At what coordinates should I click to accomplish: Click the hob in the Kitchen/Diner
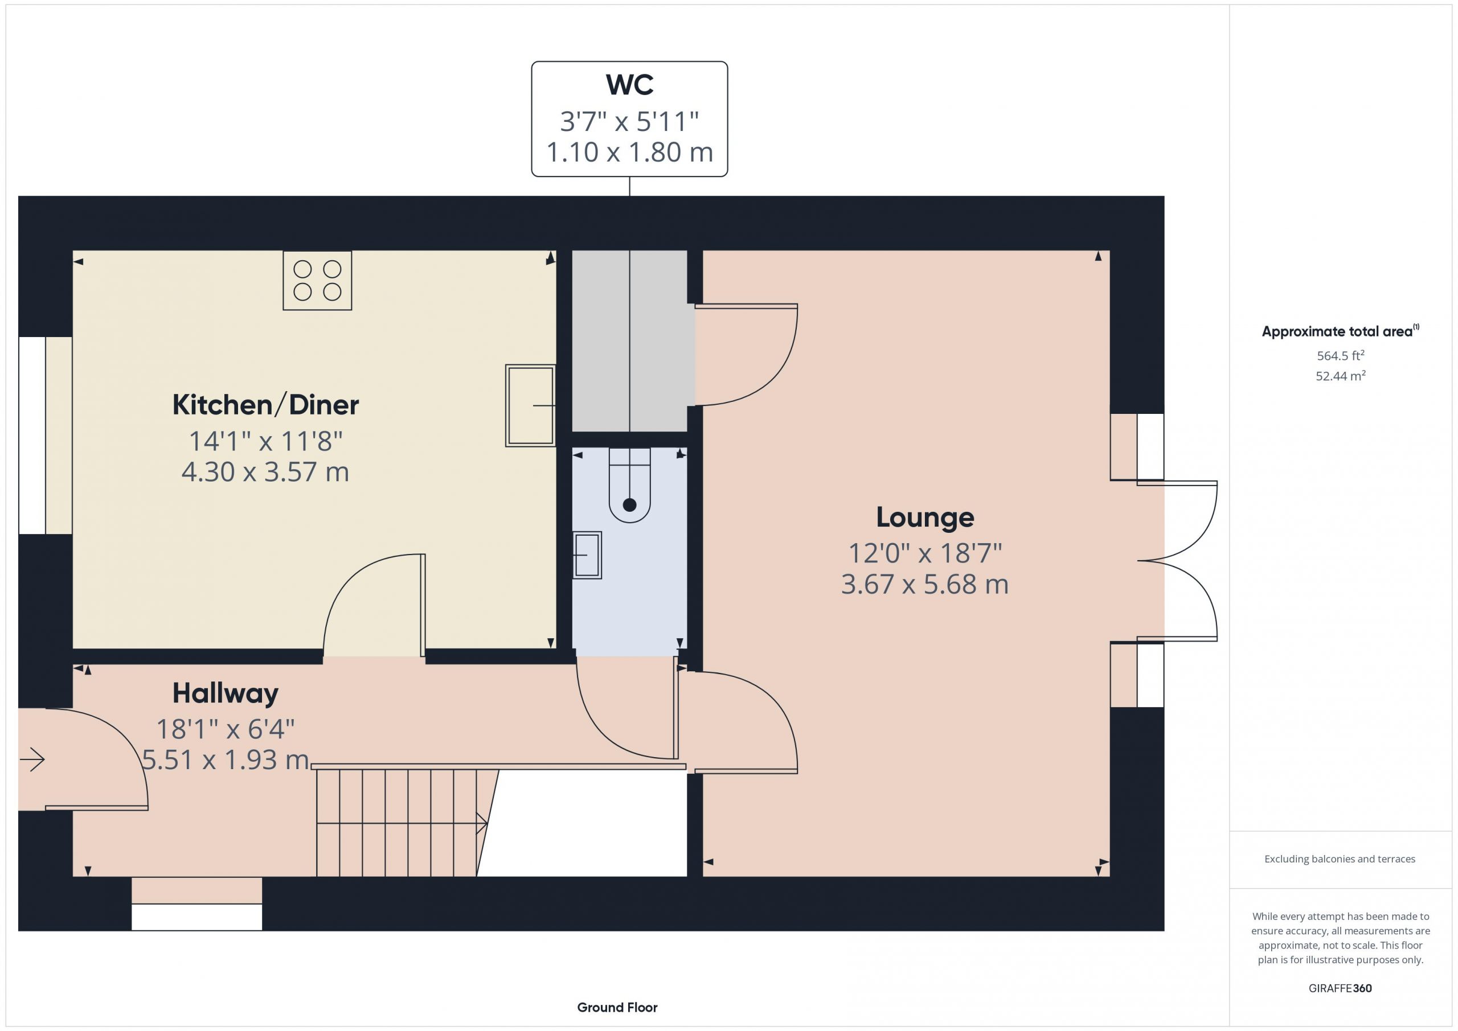click(x=317, y=281)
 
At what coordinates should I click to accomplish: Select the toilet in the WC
click(x=629, y=485)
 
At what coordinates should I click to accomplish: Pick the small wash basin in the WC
click(x=587, y=555)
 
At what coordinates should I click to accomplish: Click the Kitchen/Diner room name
click(x=265, y=405)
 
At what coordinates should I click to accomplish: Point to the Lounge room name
click(x=924, y=517)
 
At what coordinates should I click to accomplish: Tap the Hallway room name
click(x=226, y=693)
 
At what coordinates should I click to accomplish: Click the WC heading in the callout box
click(x=629, y=84)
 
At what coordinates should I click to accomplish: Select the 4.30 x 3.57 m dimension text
click(x=265, y=472)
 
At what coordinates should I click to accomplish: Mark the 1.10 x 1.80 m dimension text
click(x=629, y=153)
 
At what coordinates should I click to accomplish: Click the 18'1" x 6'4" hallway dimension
click(x=226, y=729)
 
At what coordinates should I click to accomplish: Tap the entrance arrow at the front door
click(x=32, y=759)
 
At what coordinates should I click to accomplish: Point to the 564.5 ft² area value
click(x=1341, y=355)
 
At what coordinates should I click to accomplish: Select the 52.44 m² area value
click(x=1341, y=376)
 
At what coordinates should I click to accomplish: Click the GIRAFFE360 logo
click(x=1340, y=988)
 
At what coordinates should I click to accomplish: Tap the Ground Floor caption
click(x=617, y=1007)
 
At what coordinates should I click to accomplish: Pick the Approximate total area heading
click(x=1340, y=331)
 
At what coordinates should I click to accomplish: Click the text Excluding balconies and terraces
click(x=1340, y=859)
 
